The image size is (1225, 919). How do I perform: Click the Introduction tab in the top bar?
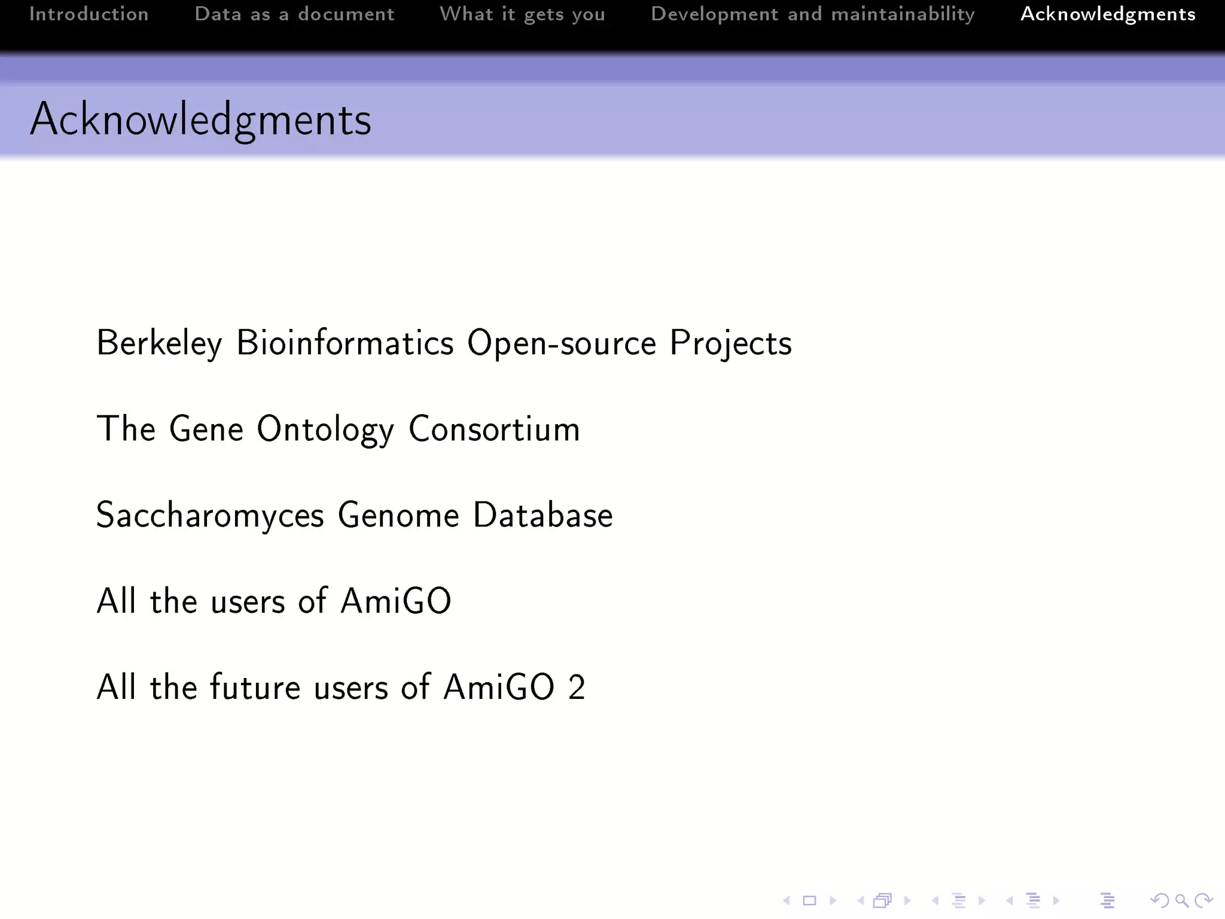89,14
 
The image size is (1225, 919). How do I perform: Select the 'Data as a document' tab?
294,14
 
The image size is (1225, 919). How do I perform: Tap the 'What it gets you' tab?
522,14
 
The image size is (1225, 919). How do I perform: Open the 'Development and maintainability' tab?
812,14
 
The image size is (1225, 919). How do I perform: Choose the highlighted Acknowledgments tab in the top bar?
1108,14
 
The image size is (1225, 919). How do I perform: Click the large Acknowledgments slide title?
200,120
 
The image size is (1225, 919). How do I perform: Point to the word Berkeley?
159,343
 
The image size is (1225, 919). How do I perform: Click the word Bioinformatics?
345,343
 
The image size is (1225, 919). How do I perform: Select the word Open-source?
562,343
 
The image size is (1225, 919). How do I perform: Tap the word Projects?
730,343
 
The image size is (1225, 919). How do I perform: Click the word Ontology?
325,430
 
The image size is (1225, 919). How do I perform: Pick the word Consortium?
494,429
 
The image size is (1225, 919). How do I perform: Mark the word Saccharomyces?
210,515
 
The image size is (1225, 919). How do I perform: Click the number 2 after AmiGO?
577,687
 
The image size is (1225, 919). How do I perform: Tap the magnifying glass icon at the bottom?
1181,900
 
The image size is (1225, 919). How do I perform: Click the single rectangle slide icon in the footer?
809,900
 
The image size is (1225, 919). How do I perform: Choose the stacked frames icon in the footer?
882,900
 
